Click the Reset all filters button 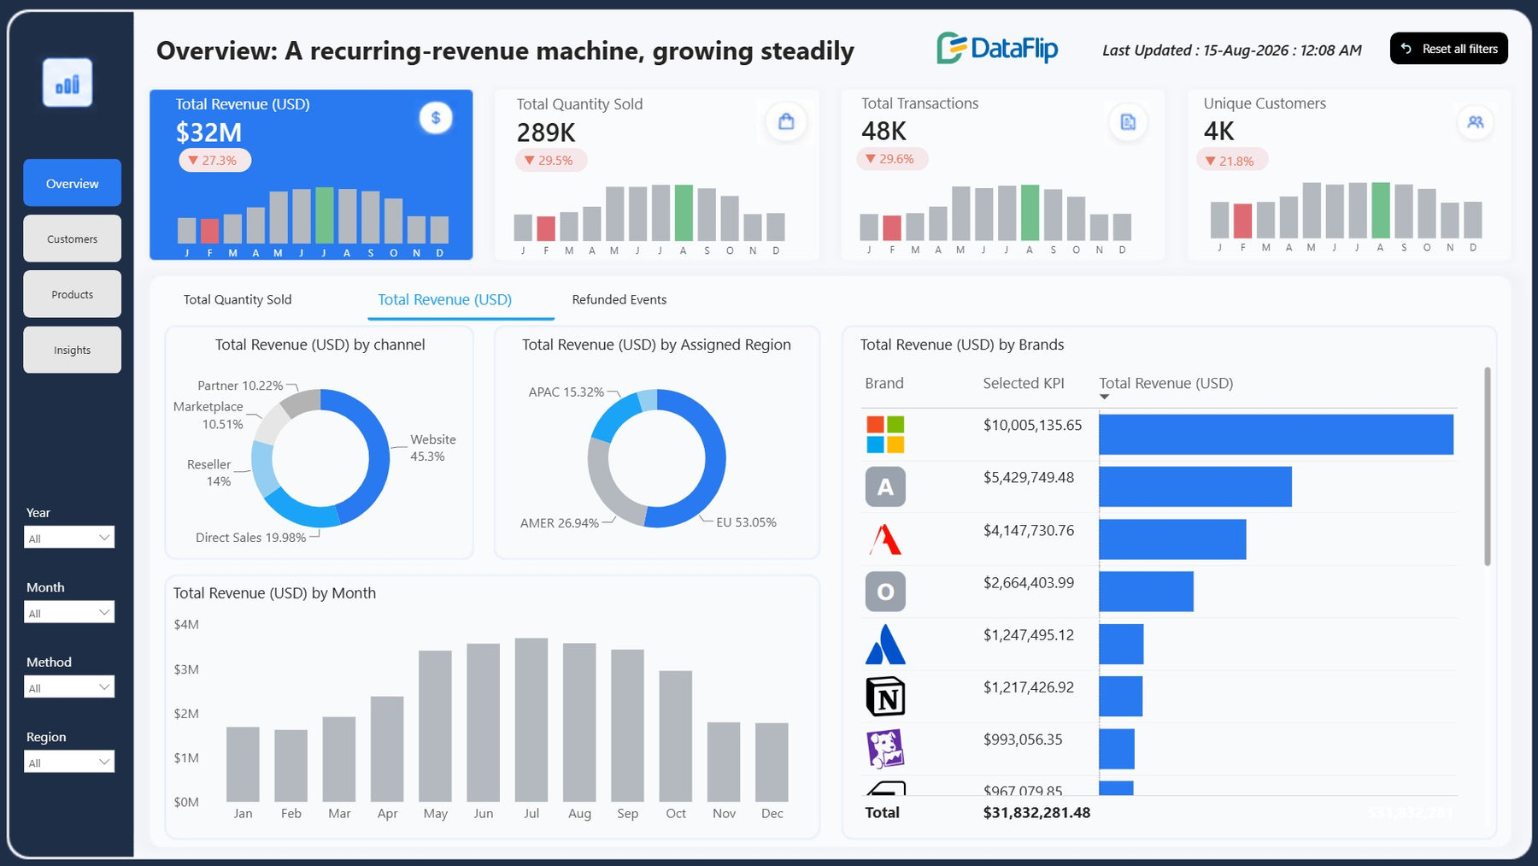click(x=1448, y=49)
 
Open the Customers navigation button click(x=73, y=239)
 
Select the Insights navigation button click(x=73, y=350)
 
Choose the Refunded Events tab click(x=619, y=299)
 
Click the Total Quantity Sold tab click(x=238, y=299)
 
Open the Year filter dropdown click(x=69, y=537)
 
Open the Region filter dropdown click(x=69, y=761)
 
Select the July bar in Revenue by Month click(x=531, y=720)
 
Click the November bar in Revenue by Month click(x=724, y=762)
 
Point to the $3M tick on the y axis click(x=186, y=669)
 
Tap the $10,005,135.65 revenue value click(x=1032, y=425)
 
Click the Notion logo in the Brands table click(x=885, y=696)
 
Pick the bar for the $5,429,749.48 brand click(x=1195, y=486)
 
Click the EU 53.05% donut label click(x=746, y=522)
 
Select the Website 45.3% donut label click(x=433, y=447)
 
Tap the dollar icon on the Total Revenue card click(x=436, y=118)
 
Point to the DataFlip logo click(x=997, y=49)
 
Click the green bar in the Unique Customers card click(x=1381, y=210)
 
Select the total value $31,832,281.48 click(x=1036, y=812)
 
